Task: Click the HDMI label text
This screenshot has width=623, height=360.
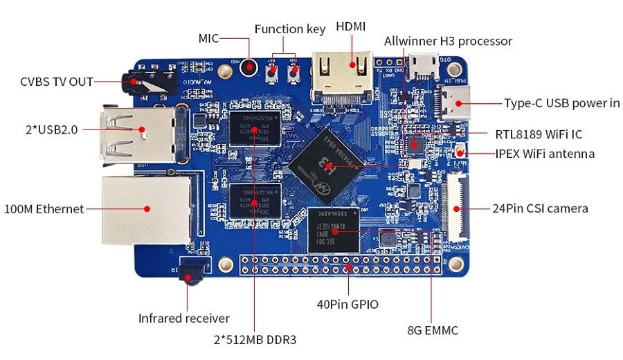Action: point(351,28)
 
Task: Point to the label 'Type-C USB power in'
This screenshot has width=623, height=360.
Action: point(561,104)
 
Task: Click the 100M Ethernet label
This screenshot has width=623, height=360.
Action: point(44,208)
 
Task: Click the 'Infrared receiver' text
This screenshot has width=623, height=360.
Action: point(183,318)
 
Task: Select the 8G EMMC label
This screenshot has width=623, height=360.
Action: point(433,331)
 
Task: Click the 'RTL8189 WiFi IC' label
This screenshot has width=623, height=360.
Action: point(538,134)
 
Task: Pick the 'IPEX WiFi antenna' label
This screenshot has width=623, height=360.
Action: point(545,154)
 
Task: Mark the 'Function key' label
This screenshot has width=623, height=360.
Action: point(289,29)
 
